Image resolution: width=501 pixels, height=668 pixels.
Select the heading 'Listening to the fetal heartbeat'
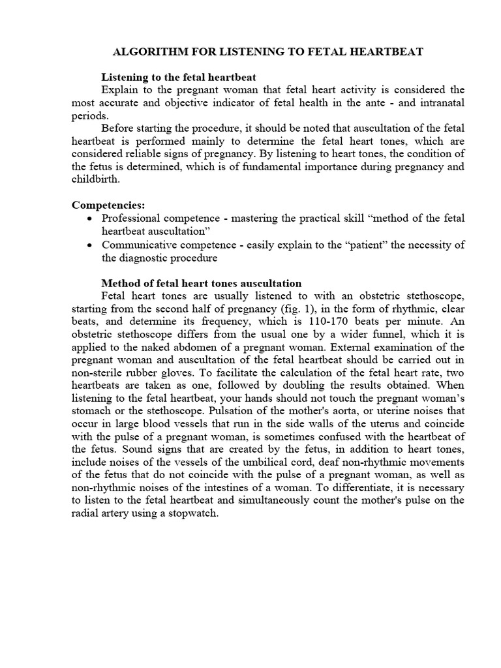tap(178, 77)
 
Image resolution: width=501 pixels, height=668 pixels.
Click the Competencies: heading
tap(108, 205)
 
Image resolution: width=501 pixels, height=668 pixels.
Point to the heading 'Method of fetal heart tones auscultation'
tap(202, 283)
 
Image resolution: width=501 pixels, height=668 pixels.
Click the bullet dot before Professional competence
tap(89, 218)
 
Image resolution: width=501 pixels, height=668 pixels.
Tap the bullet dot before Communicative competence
tap(89, 245)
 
